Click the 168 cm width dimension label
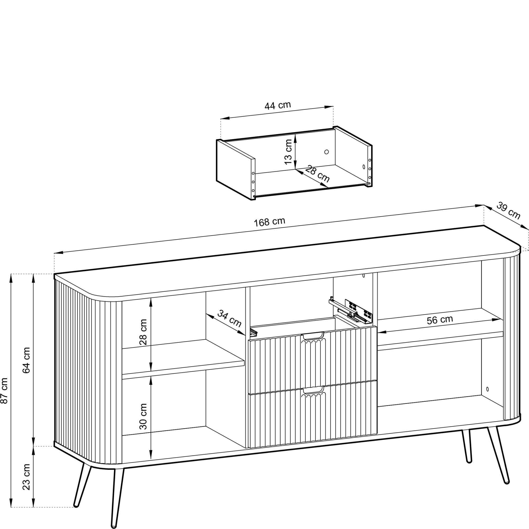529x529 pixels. coord(270,222)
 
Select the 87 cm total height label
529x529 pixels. coord(5,391)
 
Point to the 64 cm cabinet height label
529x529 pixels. coord(26,360)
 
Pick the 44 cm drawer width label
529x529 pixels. coord(278,106)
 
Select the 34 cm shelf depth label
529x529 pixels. coord(229,318)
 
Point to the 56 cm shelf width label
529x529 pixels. coord(440,320)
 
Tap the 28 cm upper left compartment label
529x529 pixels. coord(143,332)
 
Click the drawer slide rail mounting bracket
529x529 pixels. coord(359,311)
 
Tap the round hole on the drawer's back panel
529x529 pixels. coord(326,152)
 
